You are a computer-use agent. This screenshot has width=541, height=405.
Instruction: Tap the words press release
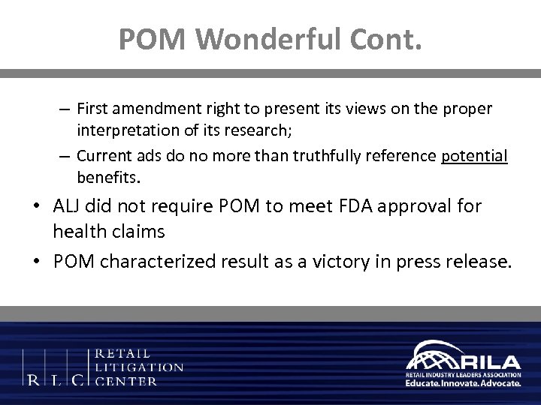coord(458,260)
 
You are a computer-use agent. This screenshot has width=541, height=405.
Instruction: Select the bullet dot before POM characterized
coord(35,261)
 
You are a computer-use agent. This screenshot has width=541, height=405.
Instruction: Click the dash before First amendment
coord(65,109)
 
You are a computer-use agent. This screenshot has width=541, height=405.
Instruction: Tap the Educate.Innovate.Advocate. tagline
coord(463,382)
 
